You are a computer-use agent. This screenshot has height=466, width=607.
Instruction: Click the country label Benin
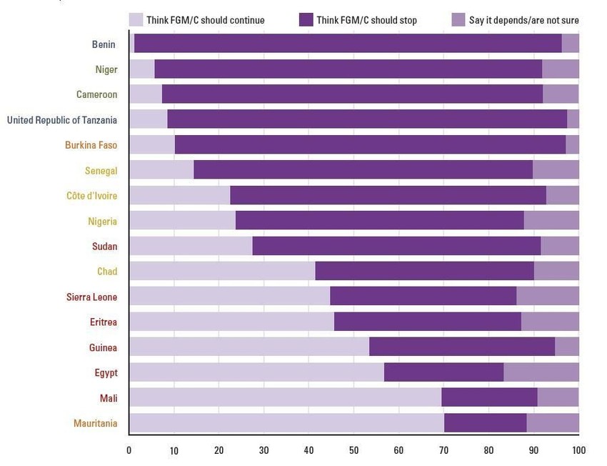(x=104, y=44)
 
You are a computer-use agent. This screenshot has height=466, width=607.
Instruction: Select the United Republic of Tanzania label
(x=62, y=120)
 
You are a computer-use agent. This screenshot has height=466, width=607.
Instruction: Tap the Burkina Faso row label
(x=91, y=145)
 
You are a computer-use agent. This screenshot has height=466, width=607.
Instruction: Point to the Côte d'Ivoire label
(x=91, y=196)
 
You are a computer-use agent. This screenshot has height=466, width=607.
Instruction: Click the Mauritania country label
(x=95, y=423)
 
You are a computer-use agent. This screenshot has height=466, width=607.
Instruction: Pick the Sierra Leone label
(x=91, y=297)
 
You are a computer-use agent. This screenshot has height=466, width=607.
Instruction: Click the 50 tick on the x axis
(x=353, y=450)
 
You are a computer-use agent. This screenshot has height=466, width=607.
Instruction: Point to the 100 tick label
(x=578, y=450)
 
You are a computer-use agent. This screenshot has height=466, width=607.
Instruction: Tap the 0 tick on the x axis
(x=129, y=450)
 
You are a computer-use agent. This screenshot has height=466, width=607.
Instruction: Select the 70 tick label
(x=443, y=450)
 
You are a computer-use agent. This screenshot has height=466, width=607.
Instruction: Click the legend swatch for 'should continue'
(x=135, y=19)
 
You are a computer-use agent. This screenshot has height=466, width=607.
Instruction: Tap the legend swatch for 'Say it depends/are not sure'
(x=458, y=19)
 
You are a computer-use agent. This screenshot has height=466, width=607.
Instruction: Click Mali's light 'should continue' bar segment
(x=285, y=397)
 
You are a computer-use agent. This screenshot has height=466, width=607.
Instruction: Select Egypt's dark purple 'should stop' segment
(x=443, y=372)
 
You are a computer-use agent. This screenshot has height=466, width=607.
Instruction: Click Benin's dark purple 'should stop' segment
(x=348, y=44)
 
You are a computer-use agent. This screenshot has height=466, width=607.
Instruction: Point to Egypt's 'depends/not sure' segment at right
(x=541, y=372)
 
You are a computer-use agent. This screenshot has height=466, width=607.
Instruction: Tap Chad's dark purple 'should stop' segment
(x=424, y=271)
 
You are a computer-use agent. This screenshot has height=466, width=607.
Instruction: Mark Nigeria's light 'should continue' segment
(x=182, y=220)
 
